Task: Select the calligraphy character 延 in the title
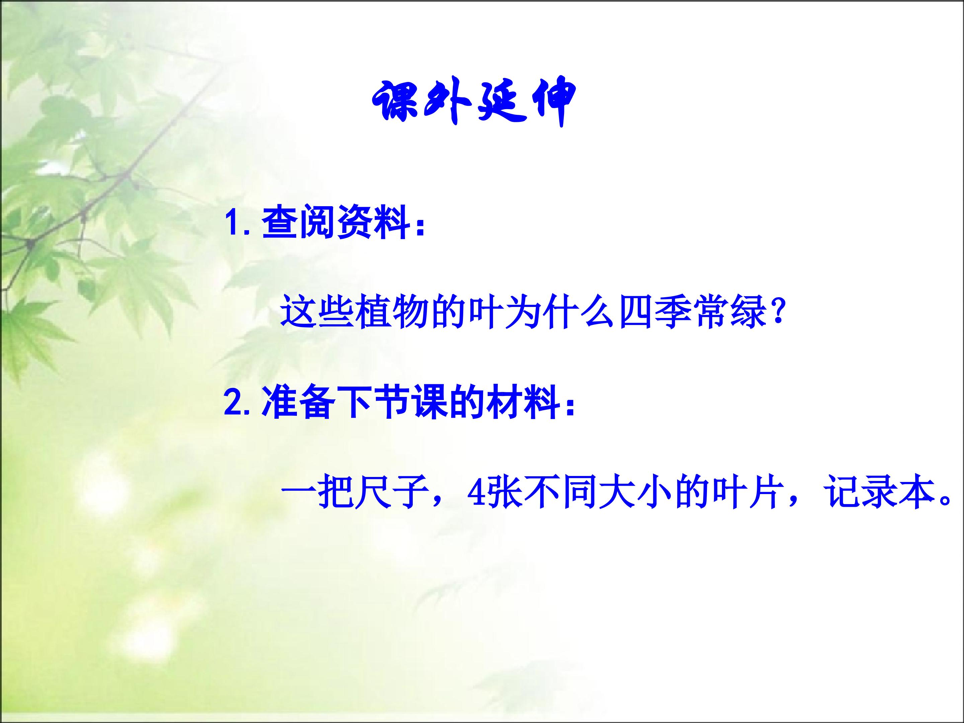[x=499, y=103]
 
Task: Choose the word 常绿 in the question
[x=730, y=312]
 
